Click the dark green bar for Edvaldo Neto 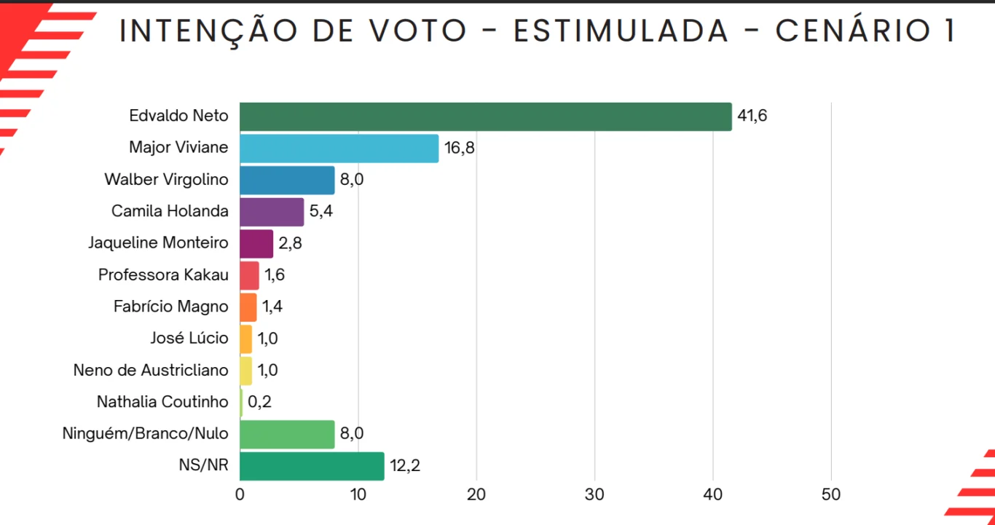point(485,117)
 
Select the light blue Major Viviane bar point(339,149)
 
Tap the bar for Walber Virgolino point(287,180)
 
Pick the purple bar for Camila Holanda point(272,212)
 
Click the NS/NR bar point(312,466)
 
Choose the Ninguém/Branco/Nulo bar point(287,434)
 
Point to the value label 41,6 point(752,116)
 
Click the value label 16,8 point(460,148)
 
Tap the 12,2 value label point(405,465)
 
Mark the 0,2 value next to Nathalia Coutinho point(260,401)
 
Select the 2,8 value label point(290,243)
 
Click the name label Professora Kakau point(163,275)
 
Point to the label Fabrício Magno point(170,307)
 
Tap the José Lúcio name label point(189,338)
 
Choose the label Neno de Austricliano point(151,370)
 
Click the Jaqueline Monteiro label point(158,243)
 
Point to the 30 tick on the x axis point(594,494)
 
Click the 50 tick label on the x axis point(831,494)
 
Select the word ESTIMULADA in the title point(621,31)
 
